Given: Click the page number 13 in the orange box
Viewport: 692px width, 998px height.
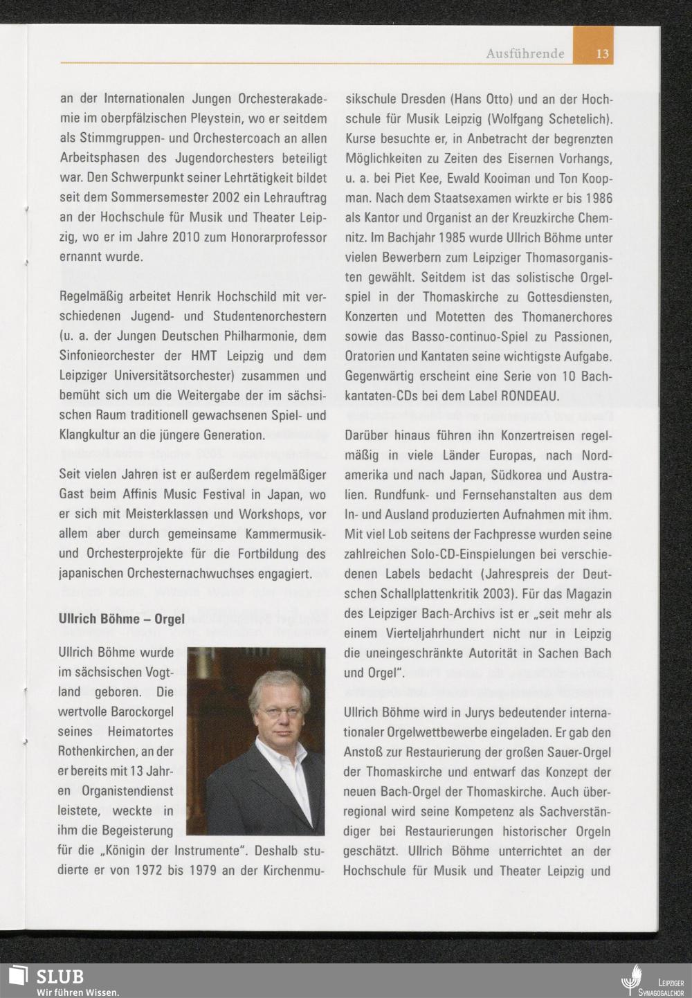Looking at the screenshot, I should click(602, 53).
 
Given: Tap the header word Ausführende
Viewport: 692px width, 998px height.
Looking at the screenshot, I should click(525, 53).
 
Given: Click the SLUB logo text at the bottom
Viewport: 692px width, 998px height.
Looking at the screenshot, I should click(60, 976).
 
